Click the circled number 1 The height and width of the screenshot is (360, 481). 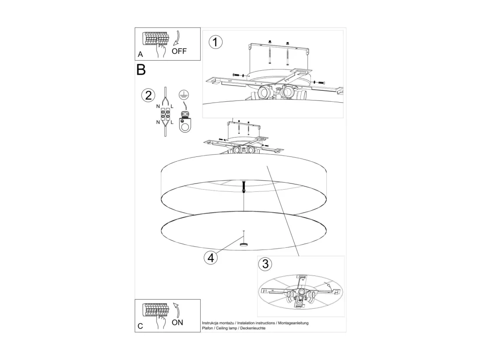click(215, 42)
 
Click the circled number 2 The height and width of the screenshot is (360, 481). click(148, 95)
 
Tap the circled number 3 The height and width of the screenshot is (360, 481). click(265, 264)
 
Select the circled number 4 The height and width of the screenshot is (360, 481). click(211, 258)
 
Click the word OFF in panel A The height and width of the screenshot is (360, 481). click(179, 51)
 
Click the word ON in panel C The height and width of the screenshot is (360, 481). click(177, 322)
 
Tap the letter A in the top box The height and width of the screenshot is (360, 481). click(140, 54)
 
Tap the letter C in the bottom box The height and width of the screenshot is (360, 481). click(140, 326)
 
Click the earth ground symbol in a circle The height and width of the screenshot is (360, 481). click(184, 95)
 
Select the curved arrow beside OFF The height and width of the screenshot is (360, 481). click(176, 38)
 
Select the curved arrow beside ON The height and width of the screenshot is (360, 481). click(176, 310)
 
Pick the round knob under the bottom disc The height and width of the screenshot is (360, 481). click(244, 244)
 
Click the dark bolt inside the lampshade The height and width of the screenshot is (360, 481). click(244, 187)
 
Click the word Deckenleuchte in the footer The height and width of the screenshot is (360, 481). click(253, 328)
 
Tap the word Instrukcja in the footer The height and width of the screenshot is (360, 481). click(210, 323)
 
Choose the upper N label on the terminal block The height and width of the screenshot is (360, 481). click(158, 106)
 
